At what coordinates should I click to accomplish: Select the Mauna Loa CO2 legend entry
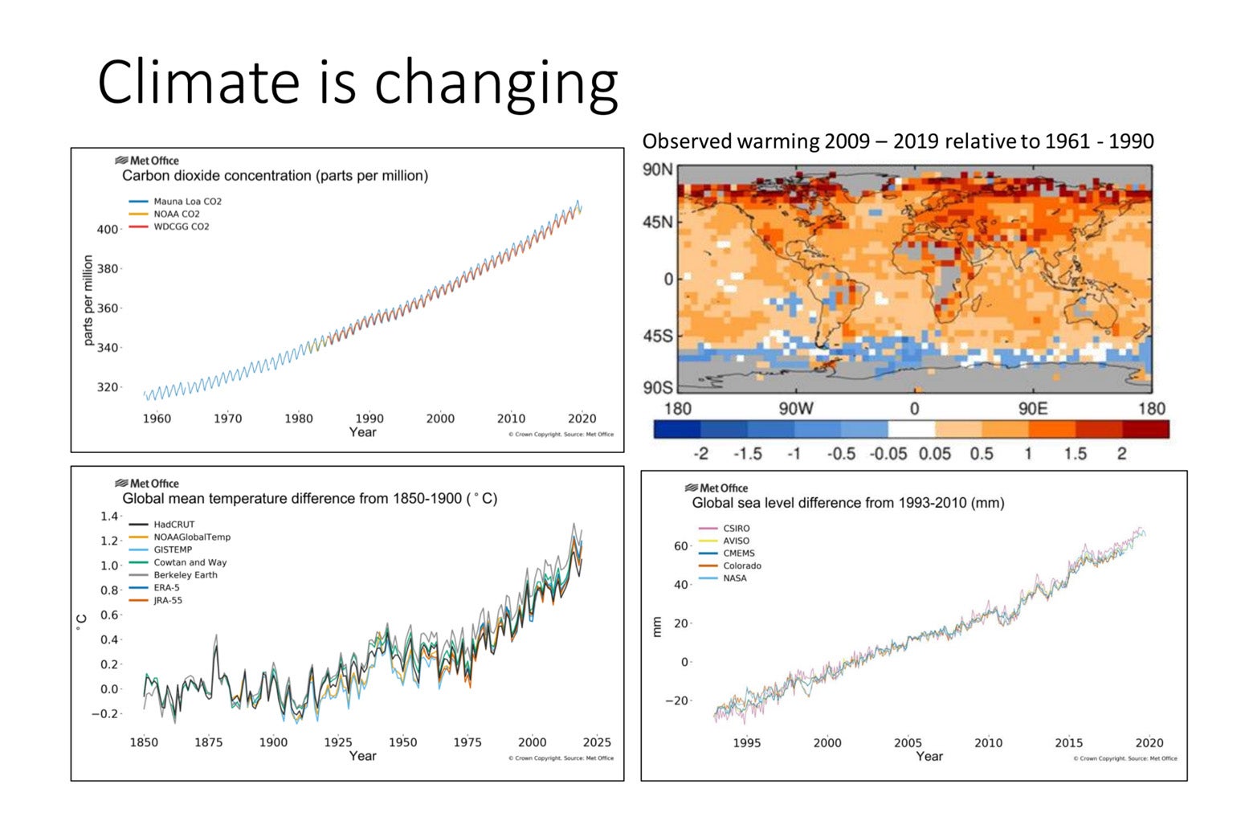(x=186, y=202)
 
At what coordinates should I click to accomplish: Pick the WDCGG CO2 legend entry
(x=181, y=227)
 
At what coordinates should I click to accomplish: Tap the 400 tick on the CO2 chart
(x=107, y=230)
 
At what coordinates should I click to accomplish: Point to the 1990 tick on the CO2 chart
(x=369, y=419)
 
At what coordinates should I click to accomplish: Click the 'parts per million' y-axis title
(x=88, y=300)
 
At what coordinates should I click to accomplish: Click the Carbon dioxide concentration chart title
(x=275, y=176)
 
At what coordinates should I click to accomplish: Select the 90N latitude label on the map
(x=657, y=169)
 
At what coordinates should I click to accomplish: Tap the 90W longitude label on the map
(x=795, y=408)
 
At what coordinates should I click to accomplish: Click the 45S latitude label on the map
(x=657, y=336)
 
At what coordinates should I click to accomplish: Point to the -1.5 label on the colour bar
(x=747, y=454)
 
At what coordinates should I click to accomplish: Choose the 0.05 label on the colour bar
(x=934, y=454)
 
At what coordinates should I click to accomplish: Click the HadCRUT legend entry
(x=173, y=525)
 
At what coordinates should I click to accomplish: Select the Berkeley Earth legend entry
(x=185, y=575)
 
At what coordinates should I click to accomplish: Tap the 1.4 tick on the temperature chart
(x=109, y=517)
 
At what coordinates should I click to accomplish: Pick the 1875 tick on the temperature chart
(x=208, y=742)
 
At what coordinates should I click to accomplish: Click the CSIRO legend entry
(x=736, y=529)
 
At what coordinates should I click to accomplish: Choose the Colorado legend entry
(x=741, y=566)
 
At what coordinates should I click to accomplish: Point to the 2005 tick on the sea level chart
(x=908, y=743)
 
